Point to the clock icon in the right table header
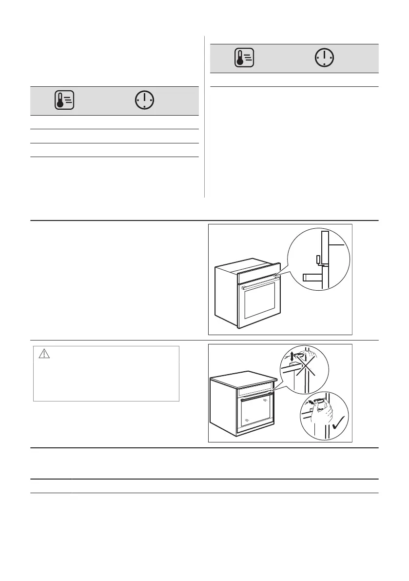324,59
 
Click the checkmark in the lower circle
338,425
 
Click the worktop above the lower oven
244,373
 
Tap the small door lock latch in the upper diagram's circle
319,260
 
